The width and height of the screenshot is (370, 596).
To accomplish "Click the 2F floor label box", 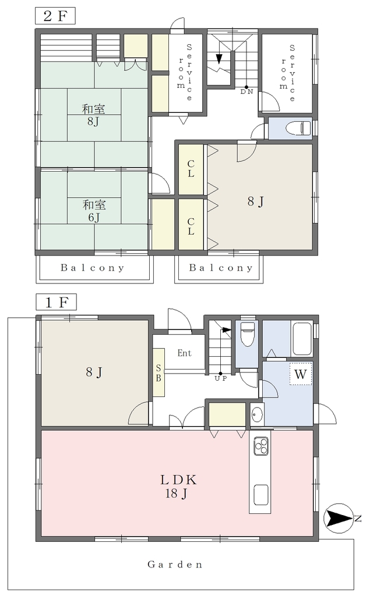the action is pyautogui.click(x=55, y=16).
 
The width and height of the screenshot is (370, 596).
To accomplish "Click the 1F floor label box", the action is pyautogui.click(x=56, y=302).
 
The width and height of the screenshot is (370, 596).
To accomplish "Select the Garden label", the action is pyautogui.click(x=175, y=565).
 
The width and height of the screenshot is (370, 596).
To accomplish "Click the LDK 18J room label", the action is pyautogui.click(x=177, y=487).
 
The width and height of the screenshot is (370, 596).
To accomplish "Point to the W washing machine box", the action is pyautogui.click(x=300, y=374).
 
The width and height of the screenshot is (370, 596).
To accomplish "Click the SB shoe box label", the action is pyautogui.click(x=158, y=373).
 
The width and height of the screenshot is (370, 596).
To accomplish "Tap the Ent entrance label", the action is pyautogui.click(x=184, y=353).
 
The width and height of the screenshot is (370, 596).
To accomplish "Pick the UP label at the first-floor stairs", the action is pyautogui.click(x=221, y=379).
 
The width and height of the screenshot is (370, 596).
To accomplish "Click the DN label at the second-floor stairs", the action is pyautogui.click(x=246, y=91).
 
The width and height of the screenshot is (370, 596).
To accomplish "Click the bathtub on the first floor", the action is pyautogui.click(x=302, y=339).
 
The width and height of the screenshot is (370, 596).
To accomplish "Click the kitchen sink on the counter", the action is pyautogui.click(x=262, y=494).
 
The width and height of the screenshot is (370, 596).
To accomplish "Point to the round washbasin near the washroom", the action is pyautogui.click(x=258, y=414).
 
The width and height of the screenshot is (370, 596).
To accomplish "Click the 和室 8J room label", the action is pyautogui.click(x=93, y=116).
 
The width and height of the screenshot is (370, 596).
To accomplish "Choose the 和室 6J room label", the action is pyautogui.click(x=94, y=211).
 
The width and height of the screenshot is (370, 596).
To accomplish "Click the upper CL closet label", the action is pyautogui.click(x=191, y=169).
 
